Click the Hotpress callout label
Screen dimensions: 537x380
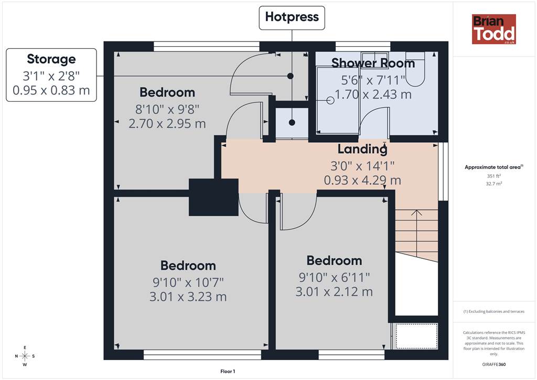point(292,17)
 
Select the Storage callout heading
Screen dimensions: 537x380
point(51,59)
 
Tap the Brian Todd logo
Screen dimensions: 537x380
point(493,29)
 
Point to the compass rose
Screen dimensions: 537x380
point(25,356)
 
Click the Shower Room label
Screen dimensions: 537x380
point(373,63)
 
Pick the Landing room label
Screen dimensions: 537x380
point(362,149)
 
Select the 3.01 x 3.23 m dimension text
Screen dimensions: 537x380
point(188,297)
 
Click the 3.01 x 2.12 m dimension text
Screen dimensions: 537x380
point(334,292)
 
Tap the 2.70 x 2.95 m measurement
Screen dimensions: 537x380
point(167,124)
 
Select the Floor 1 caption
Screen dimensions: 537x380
point(228,372)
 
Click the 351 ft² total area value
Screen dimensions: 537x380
point(494,176)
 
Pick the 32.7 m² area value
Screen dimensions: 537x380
point(494,184)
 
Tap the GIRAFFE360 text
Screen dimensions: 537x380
point(494,364)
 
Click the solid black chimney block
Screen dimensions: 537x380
point(214,197)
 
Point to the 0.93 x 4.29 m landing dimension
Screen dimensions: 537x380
point(362,180)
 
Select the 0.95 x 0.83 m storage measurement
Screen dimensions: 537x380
point(51,90)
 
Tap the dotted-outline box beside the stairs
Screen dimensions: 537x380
point(416,336)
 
